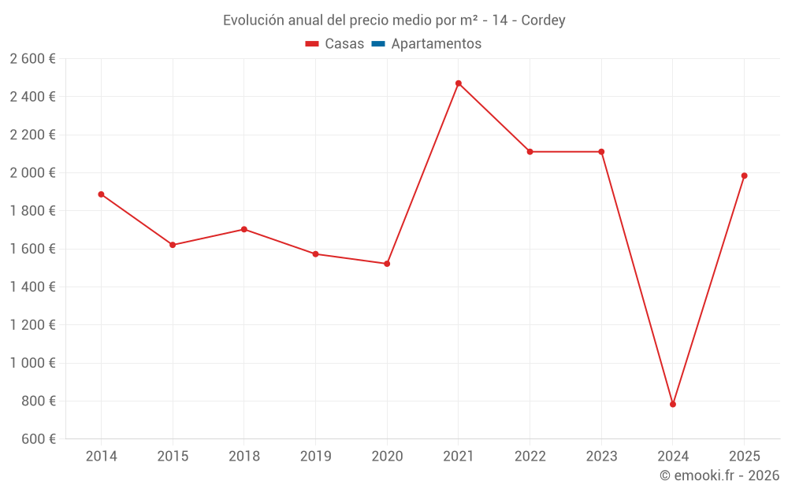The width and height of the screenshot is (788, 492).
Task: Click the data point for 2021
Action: point(458,83)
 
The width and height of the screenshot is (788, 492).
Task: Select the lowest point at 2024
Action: point(673,404)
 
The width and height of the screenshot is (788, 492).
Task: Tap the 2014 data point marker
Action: point(101,194)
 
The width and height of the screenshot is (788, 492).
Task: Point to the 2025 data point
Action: point(744,176)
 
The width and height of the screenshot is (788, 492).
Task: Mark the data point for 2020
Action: point(387,264)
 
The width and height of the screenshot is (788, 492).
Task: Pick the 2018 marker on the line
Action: point(244,229)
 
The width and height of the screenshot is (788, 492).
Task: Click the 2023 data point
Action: point(601,152)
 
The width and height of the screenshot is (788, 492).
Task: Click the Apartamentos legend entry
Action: point(436,44)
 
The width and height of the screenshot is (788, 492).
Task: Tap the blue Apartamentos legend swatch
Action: point(377,44)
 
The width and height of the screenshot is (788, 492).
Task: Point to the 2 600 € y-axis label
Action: point(33,58)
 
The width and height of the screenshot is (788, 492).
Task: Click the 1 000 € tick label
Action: point(33,363)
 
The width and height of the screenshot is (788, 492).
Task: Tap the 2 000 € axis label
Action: point(33,172)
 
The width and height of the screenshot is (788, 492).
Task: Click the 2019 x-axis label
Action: point(315,456)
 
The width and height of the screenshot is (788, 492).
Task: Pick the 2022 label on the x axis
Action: point(530,456)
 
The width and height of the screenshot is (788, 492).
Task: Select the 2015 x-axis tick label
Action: point(173,456)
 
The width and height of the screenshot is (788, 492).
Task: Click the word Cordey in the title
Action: point(543,20)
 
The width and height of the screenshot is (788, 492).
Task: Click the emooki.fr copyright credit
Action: point(719,475)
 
